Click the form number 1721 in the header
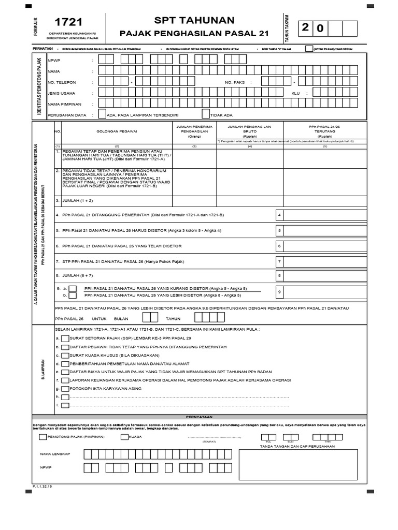[68, 22]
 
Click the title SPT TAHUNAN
[194, 20]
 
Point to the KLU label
[295, 94]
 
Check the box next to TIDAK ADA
[206, 115]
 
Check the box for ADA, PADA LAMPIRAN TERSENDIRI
[101, 115]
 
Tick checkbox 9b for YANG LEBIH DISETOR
[74, 296]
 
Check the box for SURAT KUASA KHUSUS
[64, 356]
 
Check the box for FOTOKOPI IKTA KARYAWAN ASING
[64, 388]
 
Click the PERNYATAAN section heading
[199, 417]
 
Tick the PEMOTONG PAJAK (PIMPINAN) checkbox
[42, 437]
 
